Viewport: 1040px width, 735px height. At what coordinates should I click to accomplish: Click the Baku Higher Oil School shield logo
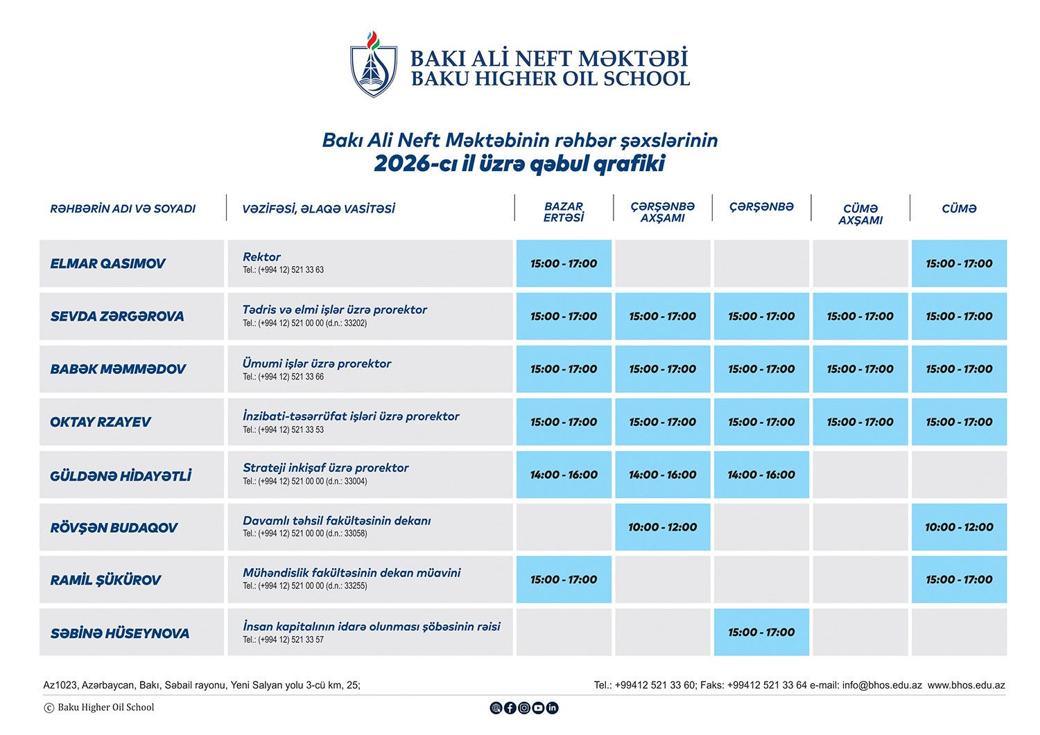coord(374,66)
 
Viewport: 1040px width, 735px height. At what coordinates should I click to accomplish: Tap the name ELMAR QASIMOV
coord(107,264)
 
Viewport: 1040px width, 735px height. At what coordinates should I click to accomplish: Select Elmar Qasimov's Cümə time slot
coord(959,264)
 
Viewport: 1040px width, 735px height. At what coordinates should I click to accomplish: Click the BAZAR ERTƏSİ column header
coord(564,212)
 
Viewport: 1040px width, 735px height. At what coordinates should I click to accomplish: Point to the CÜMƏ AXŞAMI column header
coord(860,214)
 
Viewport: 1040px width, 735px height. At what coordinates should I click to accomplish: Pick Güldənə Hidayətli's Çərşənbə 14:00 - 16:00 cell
coord(761,475)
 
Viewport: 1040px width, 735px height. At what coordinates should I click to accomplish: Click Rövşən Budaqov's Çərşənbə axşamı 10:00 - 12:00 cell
coord(663,528)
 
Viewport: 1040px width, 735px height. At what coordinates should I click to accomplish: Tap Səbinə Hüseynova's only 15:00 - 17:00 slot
coord(761,632)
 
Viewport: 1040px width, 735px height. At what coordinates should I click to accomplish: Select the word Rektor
coord(261,257)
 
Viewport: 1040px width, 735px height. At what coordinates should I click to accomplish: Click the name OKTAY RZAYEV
coord(101,422)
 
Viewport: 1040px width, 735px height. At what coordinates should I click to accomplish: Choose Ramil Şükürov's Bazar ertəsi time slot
coord(564,580)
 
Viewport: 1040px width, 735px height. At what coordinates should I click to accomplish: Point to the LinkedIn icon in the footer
coord(553,708)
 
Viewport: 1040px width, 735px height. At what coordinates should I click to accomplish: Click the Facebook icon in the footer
coord(510,708)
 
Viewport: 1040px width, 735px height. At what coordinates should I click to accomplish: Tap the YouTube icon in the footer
coord(538,708)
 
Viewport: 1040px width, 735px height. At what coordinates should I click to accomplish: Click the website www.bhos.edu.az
coord(966,685)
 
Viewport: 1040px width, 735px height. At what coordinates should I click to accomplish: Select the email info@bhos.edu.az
coord(882,685)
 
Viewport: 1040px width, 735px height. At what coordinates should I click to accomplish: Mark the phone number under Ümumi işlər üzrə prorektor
coord(284,377)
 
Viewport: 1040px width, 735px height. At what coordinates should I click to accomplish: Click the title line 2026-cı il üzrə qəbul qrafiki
coord(519,164)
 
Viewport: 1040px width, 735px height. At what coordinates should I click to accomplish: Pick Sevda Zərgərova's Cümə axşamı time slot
coord(860,317)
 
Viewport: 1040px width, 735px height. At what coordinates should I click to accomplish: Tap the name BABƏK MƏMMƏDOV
coord(118,369)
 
